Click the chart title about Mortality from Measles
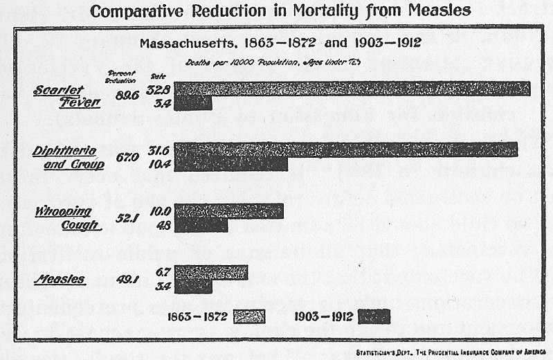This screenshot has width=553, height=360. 280,12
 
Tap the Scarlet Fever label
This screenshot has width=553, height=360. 66,96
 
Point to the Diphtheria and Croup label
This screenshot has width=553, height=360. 69,157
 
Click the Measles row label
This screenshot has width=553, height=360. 61,280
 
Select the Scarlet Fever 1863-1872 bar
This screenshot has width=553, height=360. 352,89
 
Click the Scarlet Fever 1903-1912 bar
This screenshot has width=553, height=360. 193,103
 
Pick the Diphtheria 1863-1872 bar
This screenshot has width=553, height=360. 345,150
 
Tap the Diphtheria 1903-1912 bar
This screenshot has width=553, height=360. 230,164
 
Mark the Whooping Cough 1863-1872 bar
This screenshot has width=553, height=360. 228,210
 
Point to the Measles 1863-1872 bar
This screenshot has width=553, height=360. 210,272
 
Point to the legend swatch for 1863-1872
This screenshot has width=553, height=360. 250,316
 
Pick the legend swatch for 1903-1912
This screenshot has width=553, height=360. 374,316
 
